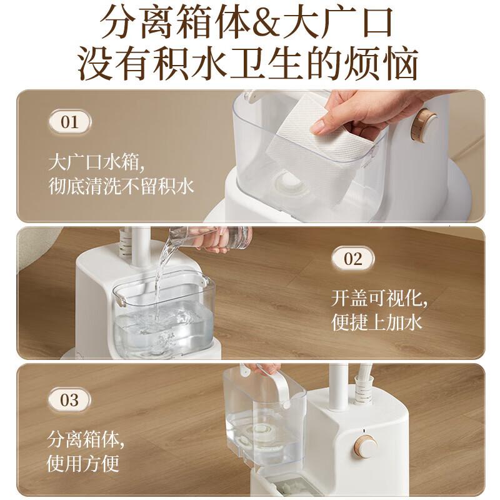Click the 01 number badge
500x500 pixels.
pyautogui.click(x=69, y=121)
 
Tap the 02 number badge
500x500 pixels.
pyautogui.click(x=353, y=258)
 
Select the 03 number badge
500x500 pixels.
pyautogui.click(x=69, y=399)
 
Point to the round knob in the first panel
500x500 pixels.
pyautogui.click(x=427, y=123)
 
